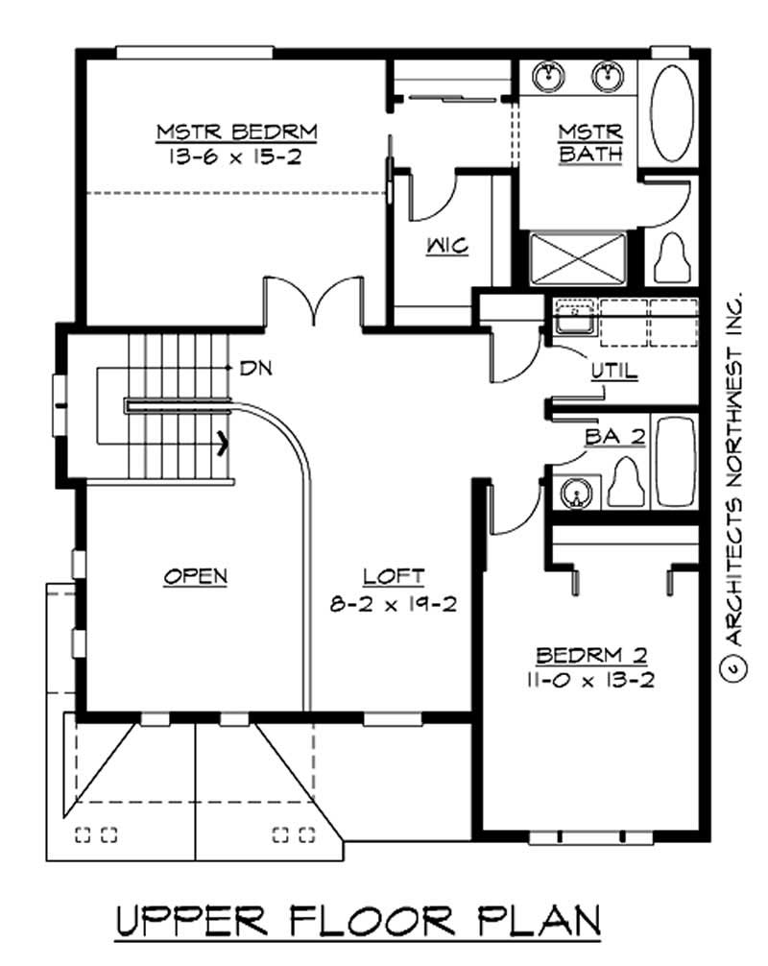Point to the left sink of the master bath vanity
[549, 75]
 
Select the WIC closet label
[447, 247]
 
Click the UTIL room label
[613, 371]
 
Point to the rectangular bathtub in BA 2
[676, 461]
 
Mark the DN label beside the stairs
[254, 367]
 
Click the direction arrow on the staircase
[224, 443]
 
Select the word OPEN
[195, 577]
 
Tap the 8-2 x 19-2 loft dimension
[393, 605]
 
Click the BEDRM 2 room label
[591, 657]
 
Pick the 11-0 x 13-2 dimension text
[591, 682]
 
